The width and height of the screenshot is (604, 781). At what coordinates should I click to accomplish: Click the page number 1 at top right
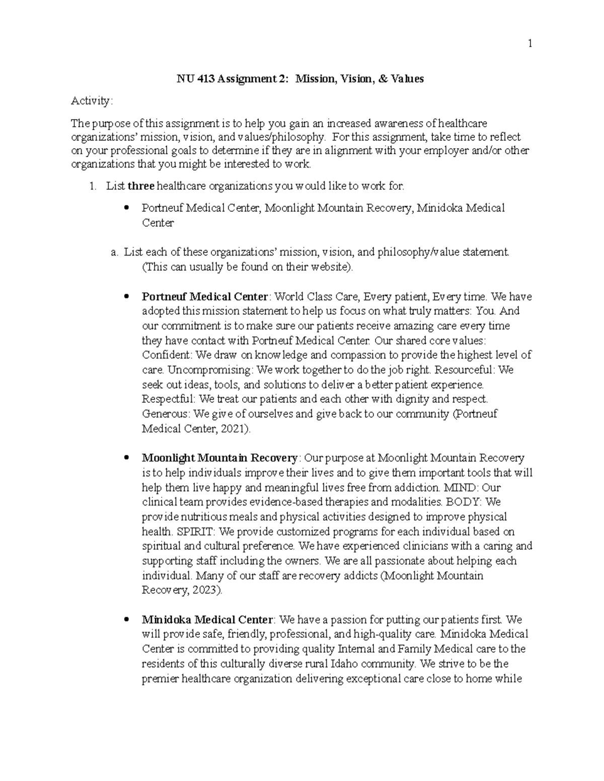[530, 44]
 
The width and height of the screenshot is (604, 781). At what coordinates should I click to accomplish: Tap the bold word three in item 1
[141, 187]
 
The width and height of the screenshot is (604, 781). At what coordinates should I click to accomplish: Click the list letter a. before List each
[114, 252]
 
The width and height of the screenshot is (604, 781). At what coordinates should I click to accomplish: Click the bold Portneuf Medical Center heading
[205, 297]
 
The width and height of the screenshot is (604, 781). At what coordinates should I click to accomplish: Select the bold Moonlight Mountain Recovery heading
[219, 458]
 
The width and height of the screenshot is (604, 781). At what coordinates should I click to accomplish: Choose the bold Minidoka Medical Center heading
[207, 620]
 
